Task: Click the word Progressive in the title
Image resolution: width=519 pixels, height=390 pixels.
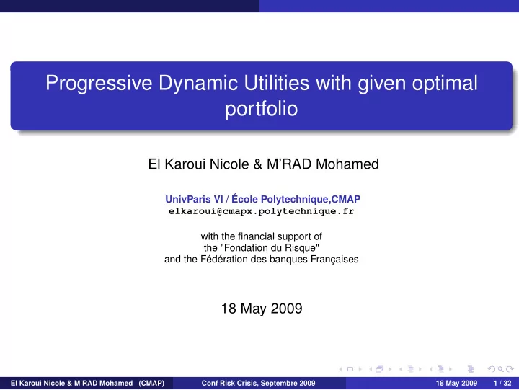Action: pos(99,83)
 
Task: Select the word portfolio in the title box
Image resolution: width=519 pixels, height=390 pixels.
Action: pos(262,109)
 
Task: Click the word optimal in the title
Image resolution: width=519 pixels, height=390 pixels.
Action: pos(445,83)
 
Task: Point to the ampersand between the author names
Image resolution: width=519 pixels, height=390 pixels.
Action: pos(257,164)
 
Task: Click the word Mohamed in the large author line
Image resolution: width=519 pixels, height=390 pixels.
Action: pos(347,164)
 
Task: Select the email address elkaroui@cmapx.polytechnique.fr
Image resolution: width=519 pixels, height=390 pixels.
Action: pos(262,211)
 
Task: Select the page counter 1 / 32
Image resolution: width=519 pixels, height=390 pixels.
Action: pos(502,384)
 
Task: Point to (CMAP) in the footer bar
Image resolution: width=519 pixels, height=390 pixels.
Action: pos(151,384)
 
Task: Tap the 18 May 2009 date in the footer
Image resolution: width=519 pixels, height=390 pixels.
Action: pos(456,384)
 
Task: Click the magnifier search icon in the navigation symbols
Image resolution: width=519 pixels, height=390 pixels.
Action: pos(501,369)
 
